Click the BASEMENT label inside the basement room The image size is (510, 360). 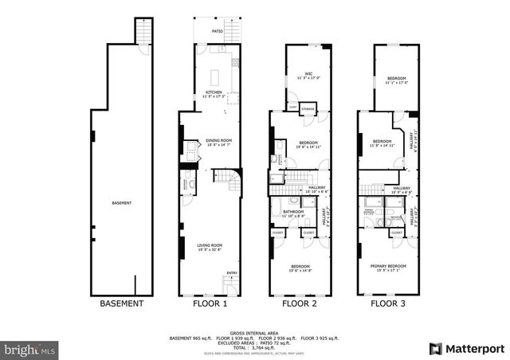pos(121,202)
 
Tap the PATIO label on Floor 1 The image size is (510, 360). pos(217,32)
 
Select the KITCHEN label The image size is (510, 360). pos(214,92)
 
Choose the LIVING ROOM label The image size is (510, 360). pos(210,246)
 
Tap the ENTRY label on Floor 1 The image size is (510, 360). pos(232,273)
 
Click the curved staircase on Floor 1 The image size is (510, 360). pos(232,182)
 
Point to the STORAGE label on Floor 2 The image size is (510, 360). pos(308,107)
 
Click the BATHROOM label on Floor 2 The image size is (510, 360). pos(293,212)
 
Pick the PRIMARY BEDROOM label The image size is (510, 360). pos(390,266)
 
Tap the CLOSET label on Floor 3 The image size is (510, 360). pos(396,233)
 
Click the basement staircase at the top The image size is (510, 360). pos(144,31)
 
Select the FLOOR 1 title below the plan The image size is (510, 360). pos(210,303)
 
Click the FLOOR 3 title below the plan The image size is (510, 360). pos(389,303)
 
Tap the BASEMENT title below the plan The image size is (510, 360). pos(121,303)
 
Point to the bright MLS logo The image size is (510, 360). pos(30,349)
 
